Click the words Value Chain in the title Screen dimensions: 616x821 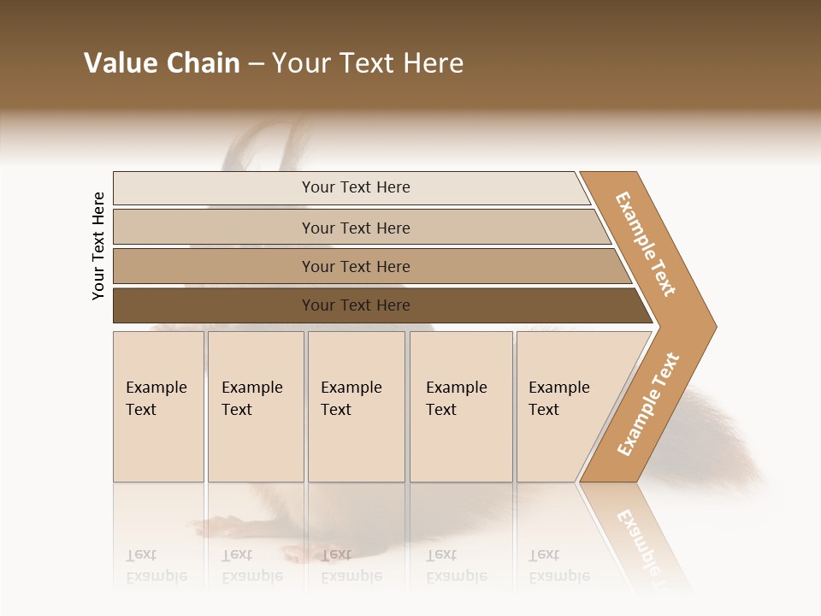(x=162, y=63)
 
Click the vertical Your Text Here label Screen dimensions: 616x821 (x=98, y=246)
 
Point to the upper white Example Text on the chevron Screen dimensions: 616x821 (x=646, y=244)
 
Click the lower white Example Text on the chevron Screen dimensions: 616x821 (x=648, y=404)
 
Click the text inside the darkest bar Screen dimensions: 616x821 (x=356, y=305)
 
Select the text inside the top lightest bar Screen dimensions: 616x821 (x=356, y=187)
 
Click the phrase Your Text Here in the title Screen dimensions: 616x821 (x=368, y=63)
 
